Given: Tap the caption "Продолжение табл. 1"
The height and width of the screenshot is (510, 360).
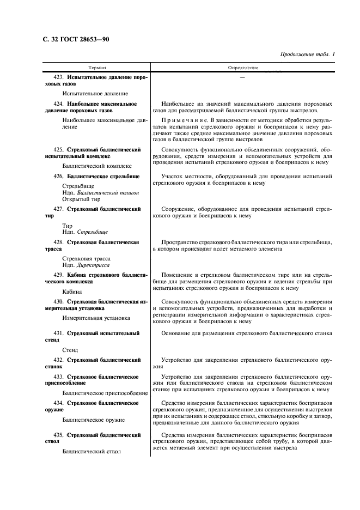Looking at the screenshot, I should [x=308, y=54].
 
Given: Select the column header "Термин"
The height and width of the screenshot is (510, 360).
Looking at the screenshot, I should [x=97, y=68].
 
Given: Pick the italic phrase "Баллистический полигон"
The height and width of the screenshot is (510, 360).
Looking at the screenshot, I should [x=108, y=193].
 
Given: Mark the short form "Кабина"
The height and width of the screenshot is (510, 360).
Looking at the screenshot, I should [x=72, y=292].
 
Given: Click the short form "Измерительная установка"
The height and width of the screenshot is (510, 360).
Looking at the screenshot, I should [x=96, y=317].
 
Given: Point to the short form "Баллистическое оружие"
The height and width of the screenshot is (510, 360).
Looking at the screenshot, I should [x=94, y=420].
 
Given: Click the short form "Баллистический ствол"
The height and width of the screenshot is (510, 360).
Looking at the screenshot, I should [x=91, y=451].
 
